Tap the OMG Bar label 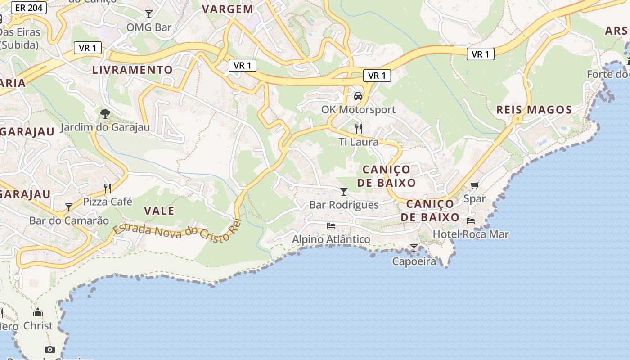tap(149, 27)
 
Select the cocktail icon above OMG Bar tap(149, 13)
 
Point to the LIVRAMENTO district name tap(132, 70)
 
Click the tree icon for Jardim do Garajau tap(105, 113)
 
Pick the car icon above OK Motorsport tap(358, 96)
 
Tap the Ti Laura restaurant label tap(359, 142)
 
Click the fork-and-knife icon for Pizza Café tap(108, 188)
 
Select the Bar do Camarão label tap(69, 220)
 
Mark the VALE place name tap(159, 211)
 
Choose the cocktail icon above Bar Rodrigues tap(344, 192)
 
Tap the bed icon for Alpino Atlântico tap(331, 225)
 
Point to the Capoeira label tap(414, 261)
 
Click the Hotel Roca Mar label tap(471, 234)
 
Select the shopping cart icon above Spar tap(474, 185)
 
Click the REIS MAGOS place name tap(534, 110)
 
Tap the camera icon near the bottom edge tap(50, 349)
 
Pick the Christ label tap(38, 325)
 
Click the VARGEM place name tap(228, 9)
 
